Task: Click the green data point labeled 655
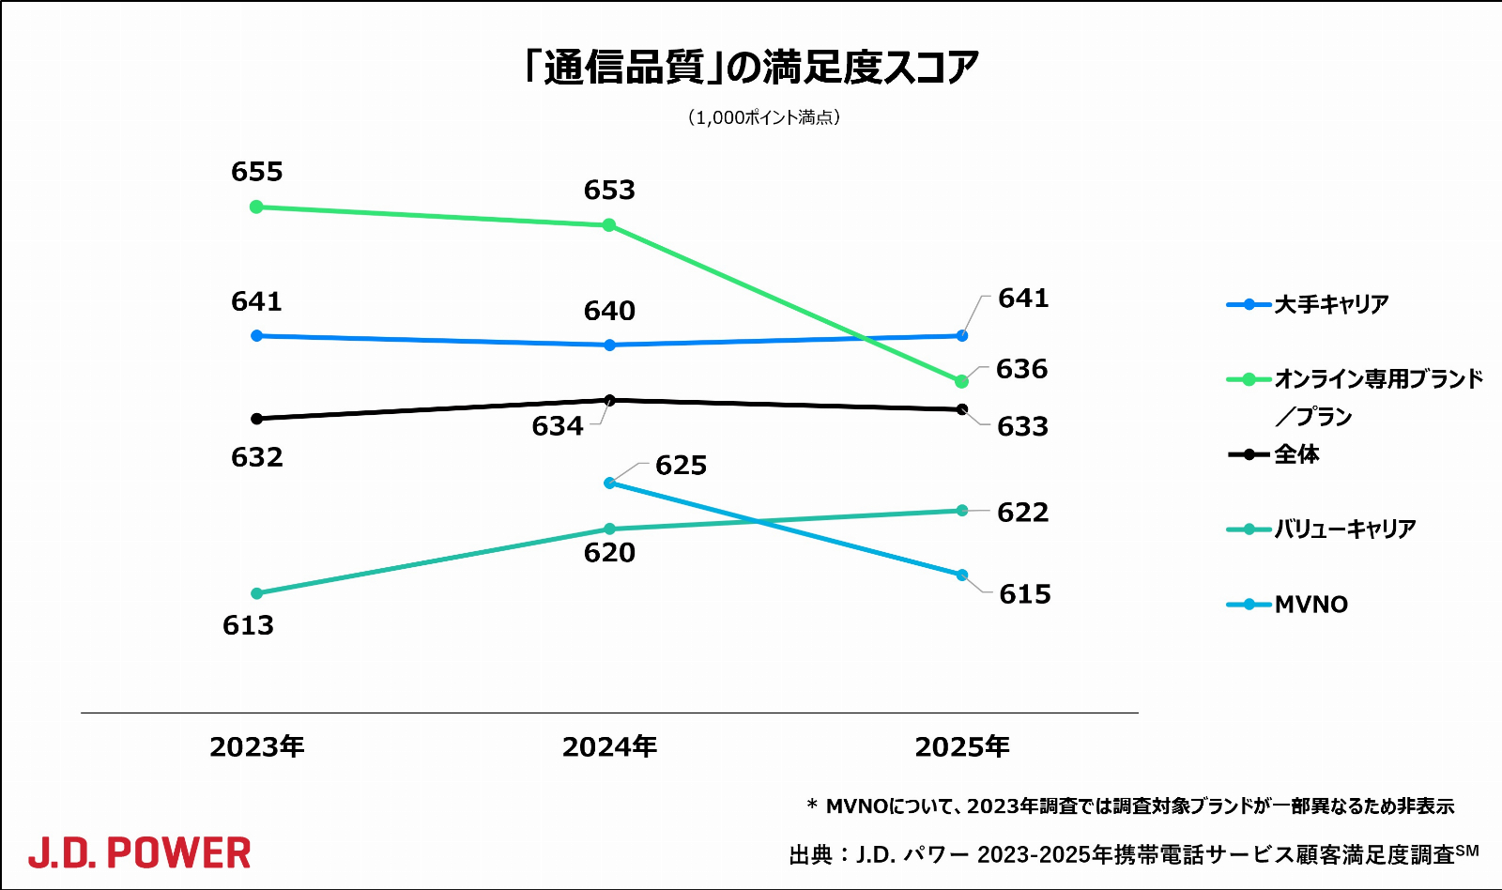256,207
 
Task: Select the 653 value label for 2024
609,191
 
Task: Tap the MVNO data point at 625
609,483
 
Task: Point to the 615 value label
1024,594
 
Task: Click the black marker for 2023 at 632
256,419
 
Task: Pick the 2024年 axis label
609,747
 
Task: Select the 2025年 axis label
962,747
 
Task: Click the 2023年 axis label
256,747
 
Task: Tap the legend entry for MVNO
1310,605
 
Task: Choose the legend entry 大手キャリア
1330,304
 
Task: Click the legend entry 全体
1296,454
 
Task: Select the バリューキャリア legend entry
1343,529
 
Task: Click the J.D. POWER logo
139,853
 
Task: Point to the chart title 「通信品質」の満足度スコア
751,68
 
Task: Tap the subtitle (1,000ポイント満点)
763,117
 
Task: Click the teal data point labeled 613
256,593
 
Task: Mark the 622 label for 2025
1022,513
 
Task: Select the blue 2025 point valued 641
962,335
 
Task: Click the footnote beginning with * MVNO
1130,806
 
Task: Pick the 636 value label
1021,370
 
